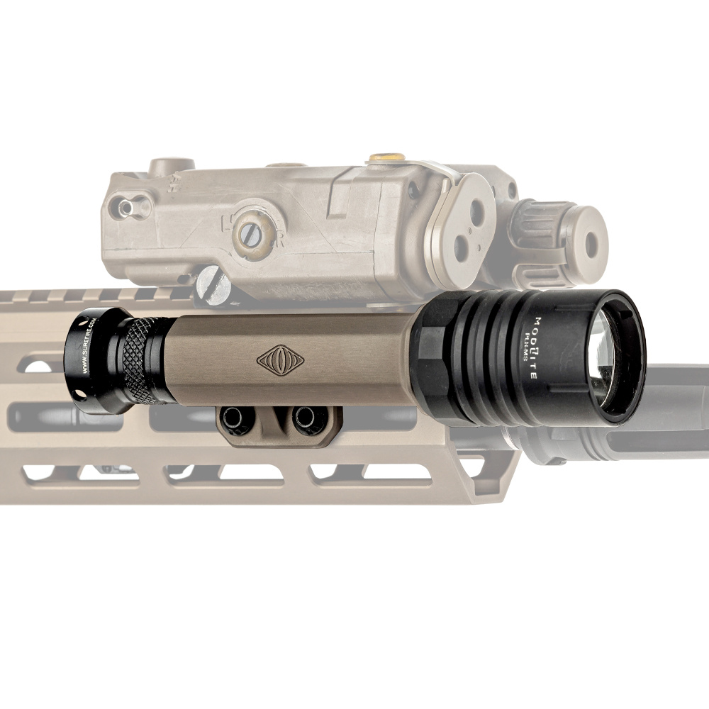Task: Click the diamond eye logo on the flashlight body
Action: (280, 359)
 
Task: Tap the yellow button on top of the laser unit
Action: (387, 157)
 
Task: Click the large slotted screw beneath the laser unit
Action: (213, 284)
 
